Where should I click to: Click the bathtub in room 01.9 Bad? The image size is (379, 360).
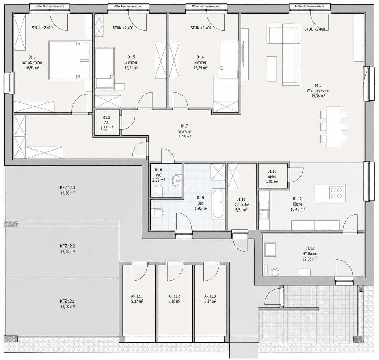pos(218,203)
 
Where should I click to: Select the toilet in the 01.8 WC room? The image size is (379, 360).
pos(159,191)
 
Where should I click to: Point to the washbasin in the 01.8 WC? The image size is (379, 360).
pos(177,181)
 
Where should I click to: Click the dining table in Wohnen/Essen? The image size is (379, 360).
pos(333,127)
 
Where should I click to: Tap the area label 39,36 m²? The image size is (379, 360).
pos(318,96)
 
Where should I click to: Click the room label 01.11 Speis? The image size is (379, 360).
pos(272,174)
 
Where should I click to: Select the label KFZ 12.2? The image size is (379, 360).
pos(67,246)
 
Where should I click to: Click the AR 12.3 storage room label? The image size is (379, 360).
pos(210,296)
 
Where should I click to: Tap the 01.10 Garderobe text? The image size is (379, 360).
pos(241,202)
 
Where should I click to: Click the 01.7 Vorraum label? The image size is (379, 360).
pos(184,129)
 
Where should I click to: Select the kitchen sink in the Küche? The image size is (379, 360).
pos(264,214)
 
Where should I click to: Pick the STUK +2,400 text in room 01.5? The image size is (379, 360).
pos(123,28)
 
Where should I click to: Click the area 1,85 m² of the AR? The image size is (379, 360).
pos(107,128)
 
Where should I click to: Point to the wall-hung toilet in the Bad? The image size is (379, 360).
pos(157,213)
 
